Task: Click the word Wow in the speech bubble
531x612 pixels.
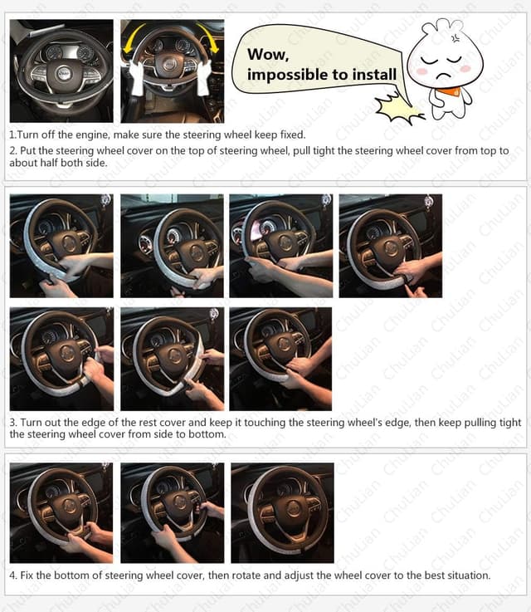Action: click(267, 55)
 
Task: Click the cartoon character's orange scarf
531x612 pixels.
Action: click(451, 88)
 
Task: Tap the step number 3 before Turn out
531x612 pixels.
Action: click(12, 423)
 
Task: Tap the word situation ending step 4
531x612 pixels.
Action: click(466, 575)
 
